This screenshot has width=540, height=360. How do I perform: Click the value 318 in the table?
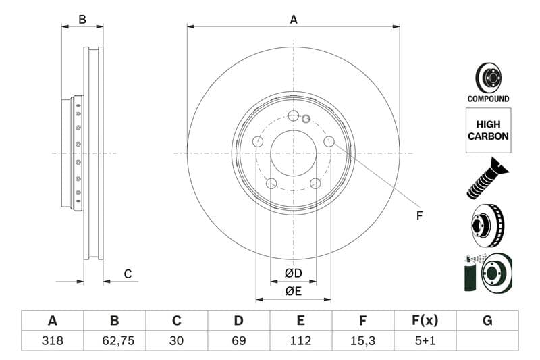coord(52,341)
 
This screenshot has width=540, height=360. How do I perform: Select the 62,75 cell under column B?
coord(114,341)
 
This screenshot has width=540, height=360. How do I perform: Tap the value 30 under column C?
coord(177,341)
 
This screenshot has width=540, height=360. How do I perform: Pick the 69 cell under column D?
coord(239,341)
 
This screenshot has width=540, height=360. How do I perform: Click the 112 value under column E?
coord(301,341)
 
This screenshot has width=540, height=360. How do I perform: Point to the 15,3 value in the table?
coord(363,341)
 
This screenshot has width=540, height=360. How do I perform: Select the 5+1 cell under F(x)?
coord(425,341)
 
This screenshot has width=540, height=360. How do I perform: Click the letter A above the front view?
coord(294,20)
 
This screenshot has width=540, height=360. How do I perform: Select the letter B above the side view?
coord(82,20)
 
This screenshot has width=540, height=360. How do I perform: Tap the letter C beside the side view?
coord(127,274)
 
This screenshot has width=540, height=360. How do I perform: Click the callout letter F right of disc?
coord(418,216)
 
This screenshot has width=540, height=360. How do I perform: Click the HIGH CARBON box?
coord(488,130)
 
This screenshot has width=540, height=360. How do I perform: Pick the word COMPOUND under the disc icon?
coord(488,99)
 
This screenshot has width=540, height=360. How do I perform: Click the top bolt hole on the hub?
coord(293,115)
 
